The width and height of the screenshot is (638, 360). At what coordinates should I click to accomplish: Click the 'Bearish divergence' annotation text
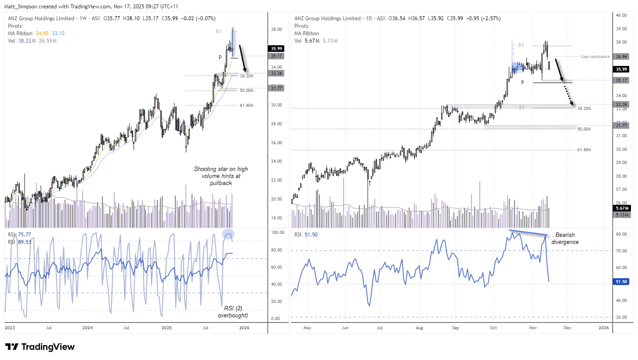pos(566,238)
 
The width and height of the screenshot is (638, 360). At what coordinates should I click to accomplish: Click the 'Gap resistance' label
pos(595,57)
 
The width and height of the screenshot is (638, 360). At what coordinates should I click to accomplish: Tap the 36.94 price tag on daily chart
pos(621,57)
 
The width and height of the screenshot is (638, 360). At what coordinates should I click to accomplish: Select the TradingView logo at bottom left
pos(40,347)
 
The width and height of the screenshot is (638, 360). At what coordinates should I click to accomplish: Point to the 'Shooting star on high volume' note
pos(217,176)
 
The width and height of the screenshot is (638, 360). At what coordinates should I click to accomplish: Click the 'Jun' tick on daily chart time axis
pos(345,328)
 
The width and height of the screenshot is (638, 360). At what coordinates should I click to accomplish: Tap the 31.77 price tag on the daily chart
pos(621,125)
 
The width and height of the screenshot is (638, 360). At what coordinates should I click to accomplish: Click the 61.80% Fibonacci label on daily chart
pos(584,150)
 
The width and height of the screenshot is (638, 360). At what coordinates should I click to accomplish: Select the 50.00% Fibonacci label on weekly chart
pos(246,90)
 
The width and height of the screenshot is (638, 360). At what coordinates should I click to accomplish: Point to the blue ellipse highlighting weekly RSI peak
pos(228,234)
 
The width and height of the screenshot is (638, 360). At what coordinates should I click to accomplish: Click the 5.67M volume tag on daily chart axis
pos(621,208)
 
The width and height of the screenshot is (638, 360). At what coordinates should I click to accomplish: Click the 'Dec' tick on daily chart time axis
pos(567,328)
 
